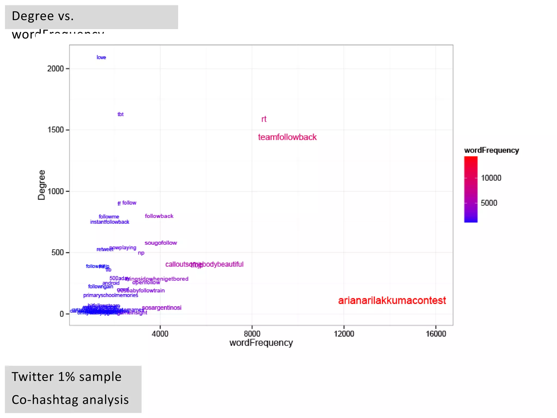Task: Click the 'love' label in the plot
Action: coord(101,57)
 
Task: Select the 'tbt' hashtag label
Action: coord(120,114)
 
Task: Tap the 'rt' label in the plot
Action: coord(264,119)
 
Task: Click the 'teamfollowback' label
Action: coord(287,137)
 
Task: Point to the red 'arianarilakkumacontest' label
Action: coord(392,301)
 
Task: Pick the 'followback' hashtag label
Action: coord(159,216)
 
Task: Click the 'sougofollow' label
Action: coord(161,243)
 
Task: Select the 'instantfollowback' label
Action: coord(110,222)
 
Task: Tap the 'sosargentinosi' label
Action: coord(162,308)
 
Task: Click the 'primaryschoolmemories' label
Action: coord(110,295)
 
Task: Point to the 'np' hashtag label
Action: coord(141,253)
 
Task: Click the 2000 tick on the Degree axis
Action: coord(55,69)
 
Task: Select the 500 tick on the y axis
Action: coord(57,253)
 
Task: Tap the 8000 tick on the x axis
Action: coord(252,334)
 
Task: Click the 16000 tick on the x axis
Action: coord(436,334)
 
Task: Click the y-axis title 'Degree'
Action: coord(41,185)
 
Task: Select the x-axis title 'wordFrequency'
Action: coord(261,343)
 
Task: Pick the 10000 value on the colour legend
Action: coord(491,178)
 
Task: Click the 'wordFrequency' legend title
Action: coord(491,150)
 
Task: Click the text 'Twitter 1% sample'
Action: coord(66,377)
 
